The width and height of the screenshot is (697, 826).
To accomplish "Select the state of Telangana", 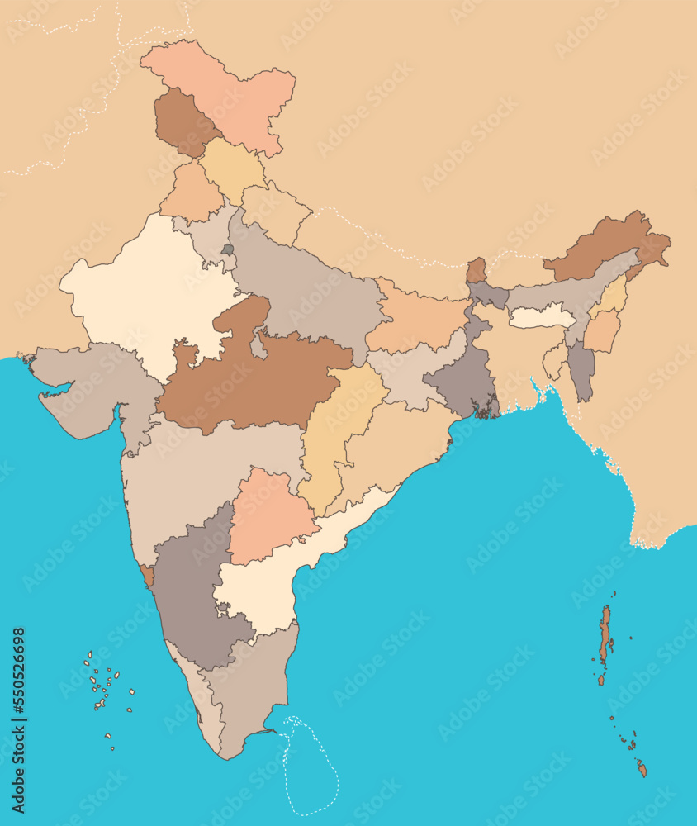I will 268,516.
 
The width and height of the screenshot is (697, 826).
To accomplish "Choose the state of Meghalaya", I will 541,317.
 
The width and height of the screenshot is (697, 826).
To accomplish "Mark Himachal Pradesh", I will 231,169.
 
